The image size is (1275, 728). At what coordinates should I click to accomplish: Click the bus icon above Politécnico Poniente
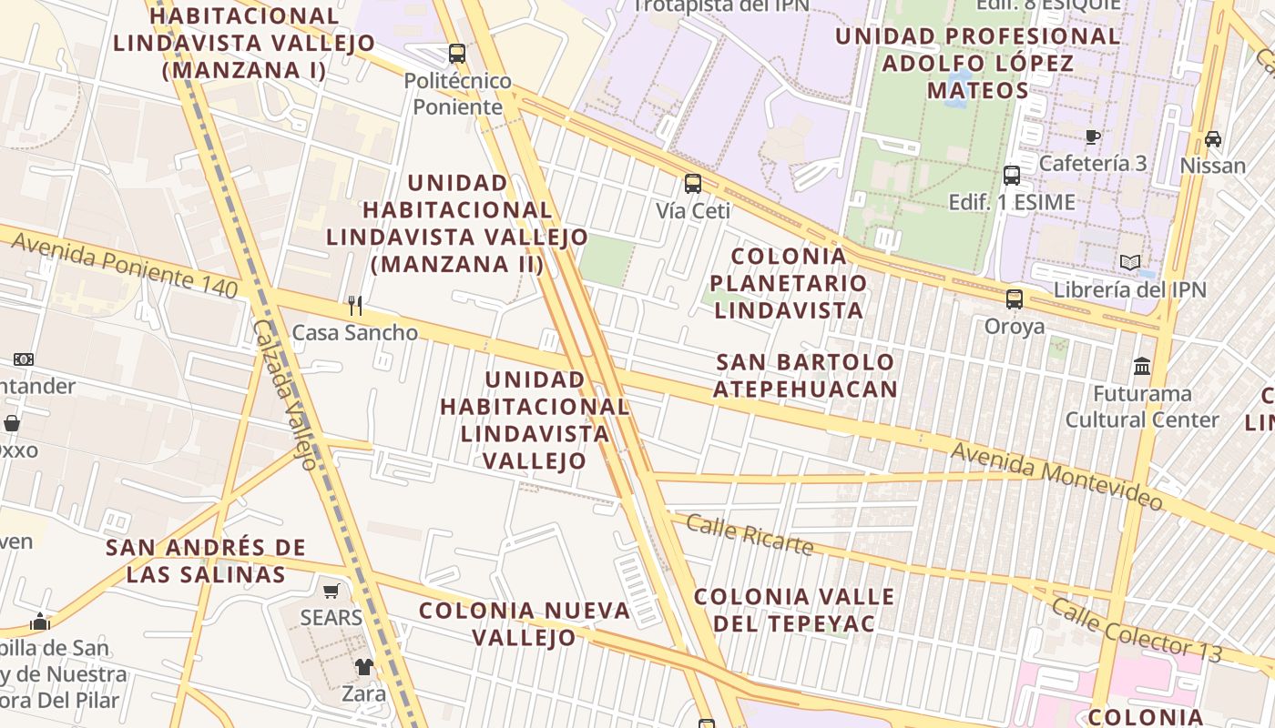click(457, 54)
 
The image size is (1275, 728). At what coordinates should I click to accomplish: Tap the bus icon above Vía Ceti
click(693, 184)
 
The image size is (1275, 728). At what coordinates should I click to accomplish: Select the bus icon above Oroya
click(1014, 298)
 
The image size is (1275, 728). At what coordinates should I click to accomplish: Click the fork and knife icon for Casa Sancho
click(355, 306)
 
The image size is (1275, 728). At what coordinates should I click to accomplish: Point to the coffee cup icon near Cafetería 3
click(1093, 137)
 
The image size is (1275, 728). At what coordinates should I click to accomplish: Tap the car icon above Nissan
click(1213, 139)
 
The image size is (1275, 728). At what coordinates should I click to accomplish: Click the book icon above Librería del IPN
click(1130, 263)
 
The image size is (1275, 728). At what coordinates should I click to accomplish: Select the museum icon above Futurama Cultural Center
click(1142, 367)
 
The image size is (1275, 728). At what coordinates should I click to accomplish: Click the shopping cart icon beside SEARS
click(331, 591)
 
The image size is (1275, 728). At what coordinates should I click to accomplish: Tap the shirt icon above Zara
click(364, 667)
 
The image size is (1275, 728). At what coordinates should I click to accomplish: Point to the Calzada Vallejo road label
click(284, 393)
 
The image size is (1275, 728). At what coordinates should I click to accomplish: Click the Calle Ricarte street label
click(749, 534)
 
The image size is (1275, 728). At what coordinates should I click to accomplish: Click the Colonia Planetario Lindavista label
click(789, 283)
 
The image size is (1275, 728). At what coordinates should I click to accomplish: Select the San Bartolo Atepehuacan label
click(805, 376)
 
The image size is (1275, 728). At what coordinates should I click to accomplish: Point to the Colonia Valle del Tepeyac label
click(794, 610)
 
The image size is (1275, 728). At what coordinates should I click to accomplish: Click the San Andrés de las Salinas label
click(206, 561)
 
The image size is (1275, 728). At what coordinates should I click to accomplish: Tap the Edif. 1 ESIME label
click(1011, 202)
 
